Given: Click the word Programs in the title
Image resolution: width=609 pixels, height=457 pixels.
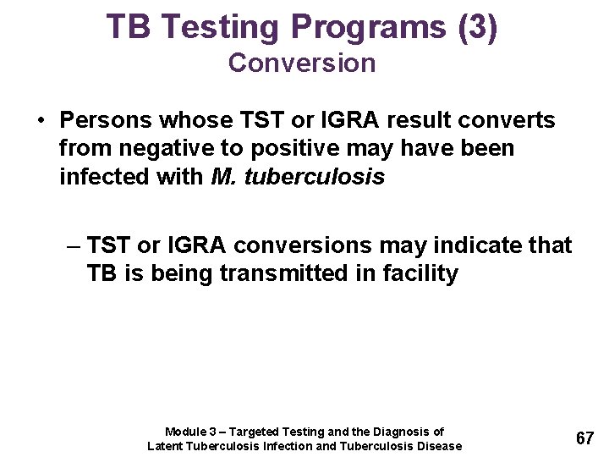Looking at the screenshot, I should pos(369,27).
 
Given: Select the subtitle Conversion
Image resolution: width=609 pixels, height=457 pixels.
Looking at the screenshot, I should pos(302,63).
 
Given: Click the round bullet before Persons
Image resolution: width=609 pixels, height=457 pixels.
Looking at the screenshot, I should pos(41,121).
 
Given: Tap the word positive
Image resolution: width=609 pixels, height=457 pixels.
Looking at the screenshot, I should pos(275,148).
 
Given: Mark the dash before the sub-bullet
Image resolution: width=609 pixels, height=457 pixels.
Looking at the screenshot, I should pos(73,245).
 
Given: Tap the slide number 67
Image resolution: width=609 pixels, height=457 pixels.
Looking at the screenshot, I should pos(584,438).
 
